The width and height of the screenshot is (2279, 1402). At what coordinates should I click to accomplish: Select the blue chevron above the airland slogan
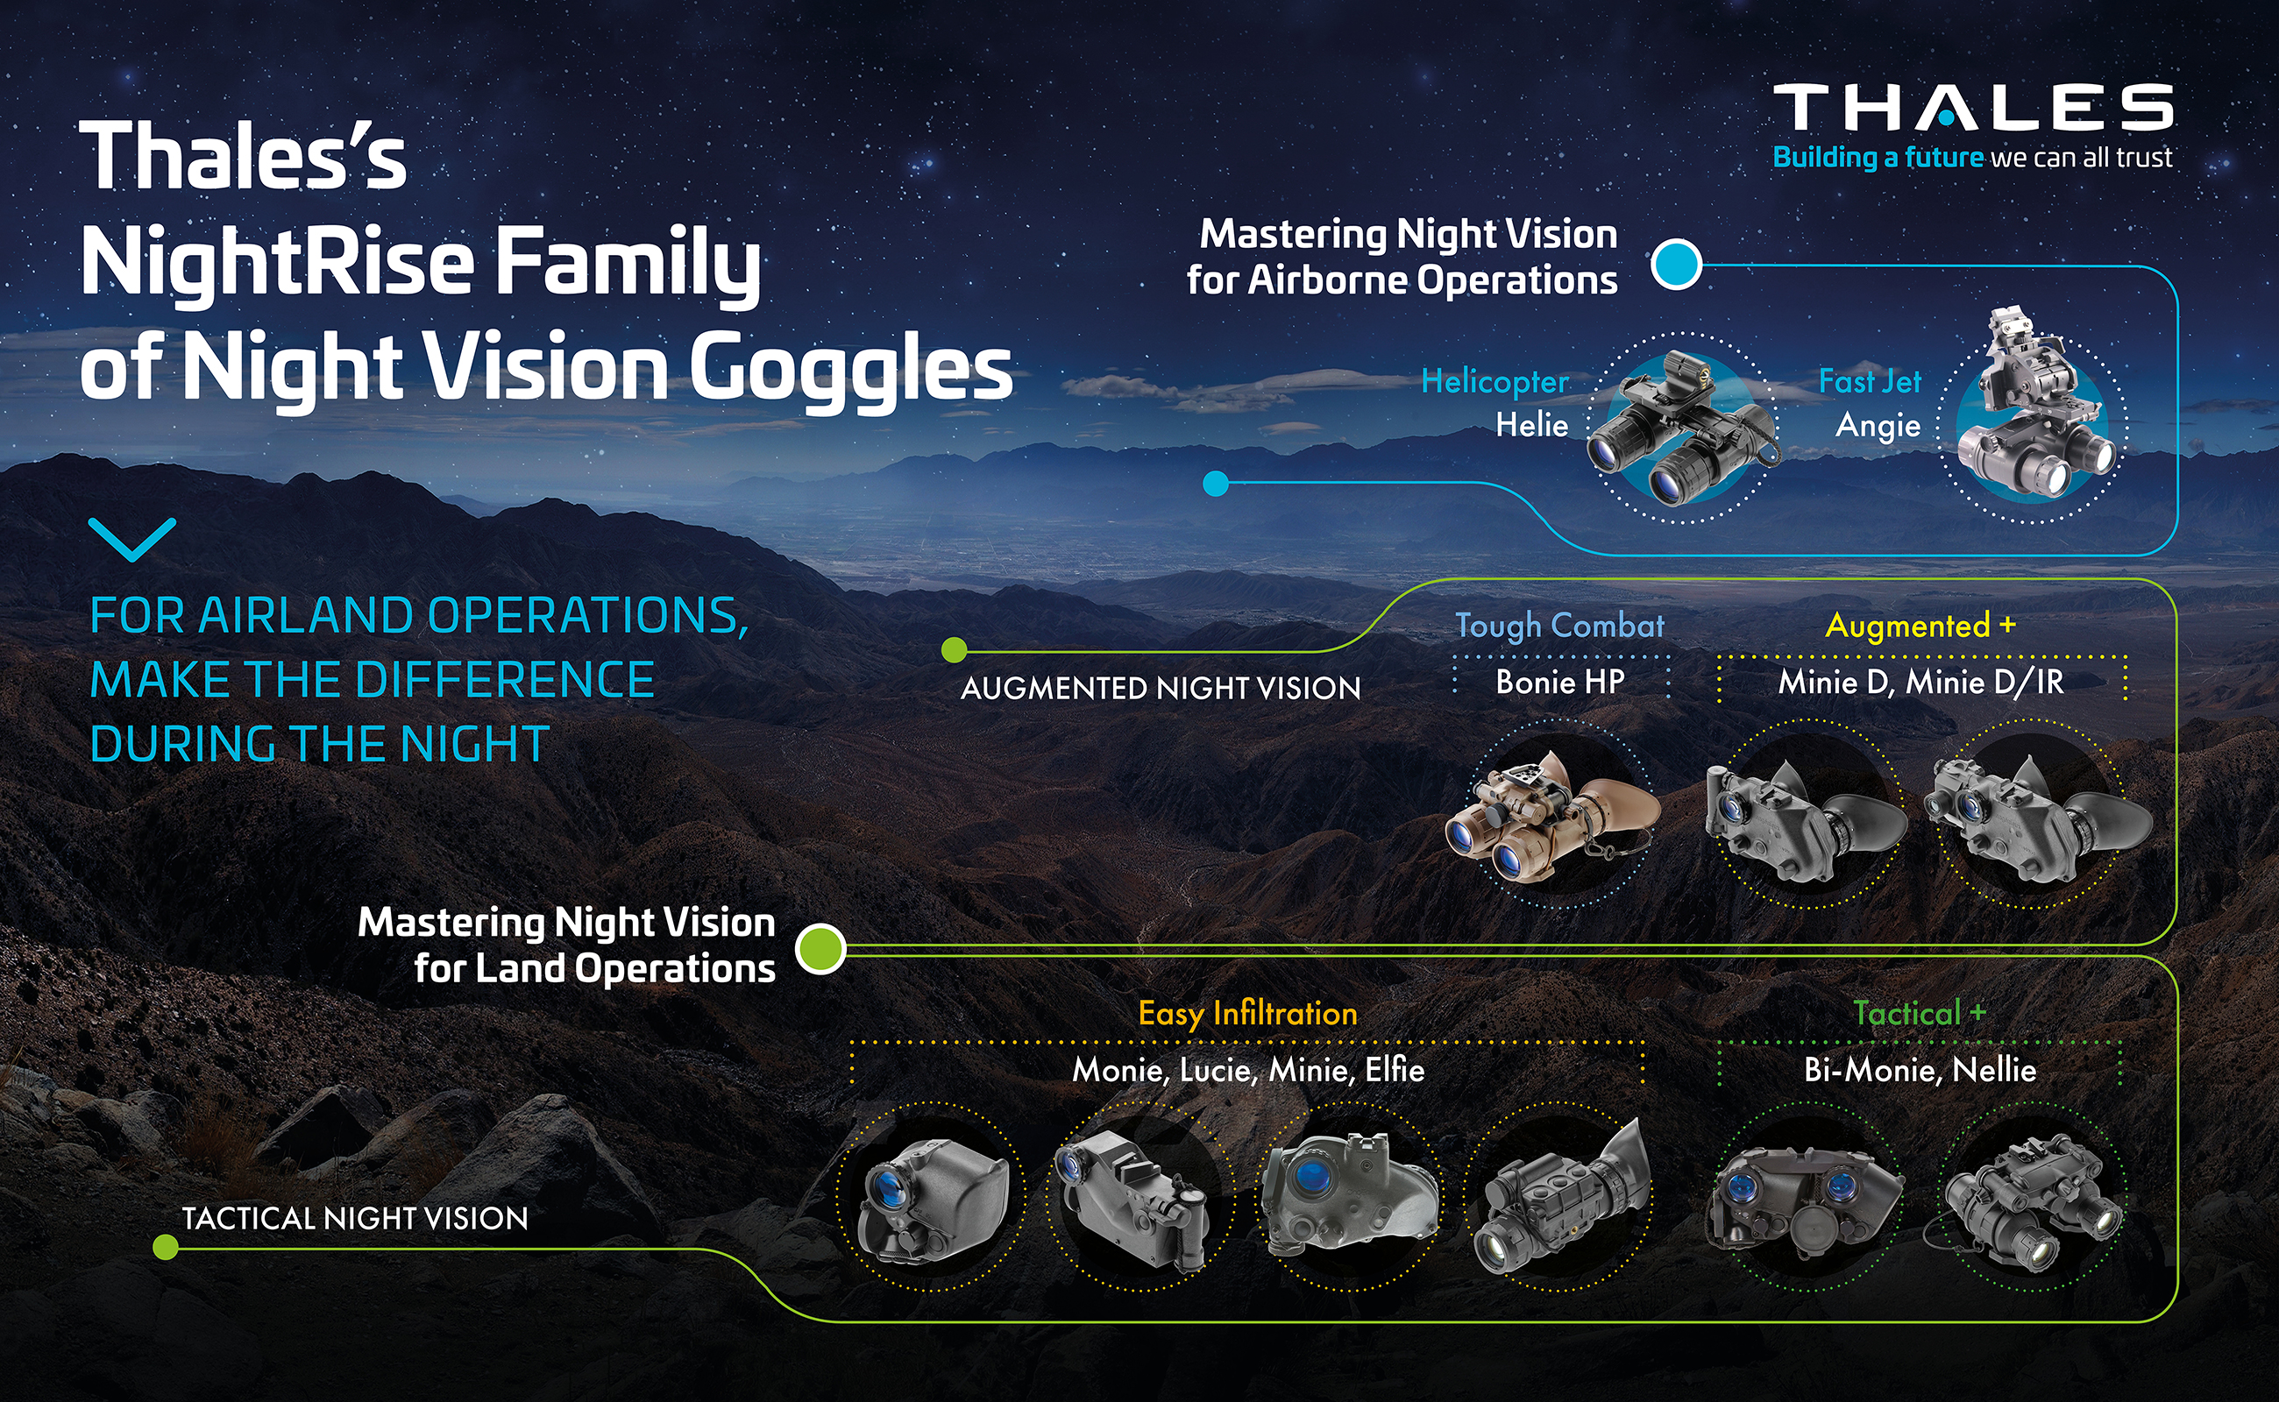[131, 539]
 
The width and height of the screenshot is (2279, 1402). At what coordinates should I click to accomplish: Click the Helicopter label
[1494, 382]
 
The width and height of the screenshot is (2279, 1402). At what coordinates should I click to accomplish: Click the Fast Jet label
[1869, 381]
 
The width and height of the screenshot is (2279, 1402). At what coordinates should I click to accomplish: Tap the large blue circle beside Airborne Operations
[1676, 265]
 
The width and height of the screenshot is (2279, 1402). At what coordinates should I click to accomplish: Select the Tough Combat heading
[1559, 626]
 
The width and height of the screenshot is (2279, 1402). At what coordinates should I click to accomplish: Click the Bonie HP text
[1559, 683]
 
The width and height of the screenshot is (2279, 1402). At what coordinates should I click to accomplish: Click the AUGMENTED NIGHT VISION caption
[1161, 688]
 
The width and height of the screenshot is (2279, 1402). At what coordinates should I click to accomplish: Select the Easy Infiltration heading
[1247, 1014]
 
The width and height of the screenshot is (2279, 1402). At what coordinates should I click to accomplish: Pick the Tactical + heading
[1919, 1013]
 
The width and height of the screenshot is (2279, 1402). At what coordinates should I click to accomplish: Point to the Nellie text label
[1994, 1070]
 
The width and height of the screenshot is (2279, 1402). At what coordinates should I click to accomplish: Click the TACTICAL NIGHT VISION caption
[354, 1218]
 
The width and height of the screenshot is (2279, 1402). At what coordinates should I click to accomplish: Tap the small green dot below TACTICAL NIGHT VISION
[165, 1248]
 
